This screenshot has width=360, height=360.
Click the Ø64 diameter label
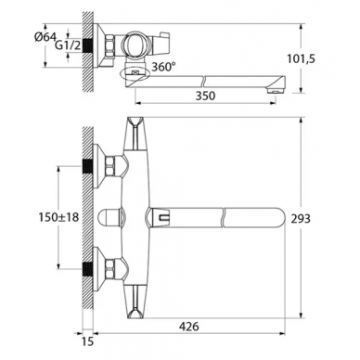[x=45, y=37]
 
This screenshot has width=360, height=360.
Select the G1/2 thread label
[x=68, y=45]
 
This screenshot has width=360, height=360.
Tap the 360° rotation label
[x=163, y=66]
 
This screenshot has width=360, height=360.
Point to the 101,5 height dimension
[x=301, y=58]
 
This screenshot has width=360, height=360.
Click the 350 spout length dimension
[x=205, y=96]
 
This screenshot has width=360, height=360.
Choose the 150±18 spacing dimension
[x=58, y=217]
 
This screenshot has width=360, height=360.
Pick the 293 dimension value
[x=301, y=219]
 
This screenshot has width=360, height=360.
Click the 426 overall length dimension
[x=189, y=326]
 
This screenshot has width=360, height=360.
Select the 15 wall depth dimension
[x=88, y=341]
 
